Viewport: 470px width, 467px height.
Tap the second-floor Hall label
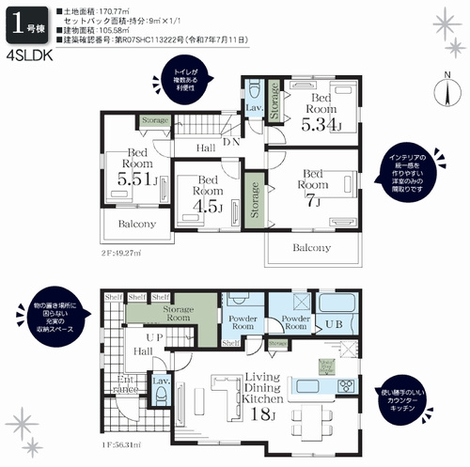coord(205,148)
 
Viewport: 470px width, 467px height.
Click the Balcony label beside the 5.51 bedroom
coord(137,226)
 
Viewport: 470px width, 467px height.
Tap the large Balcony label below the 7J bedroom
coord(311,248)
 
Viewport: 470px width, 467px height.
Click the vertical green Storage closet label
coord(253,198)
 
